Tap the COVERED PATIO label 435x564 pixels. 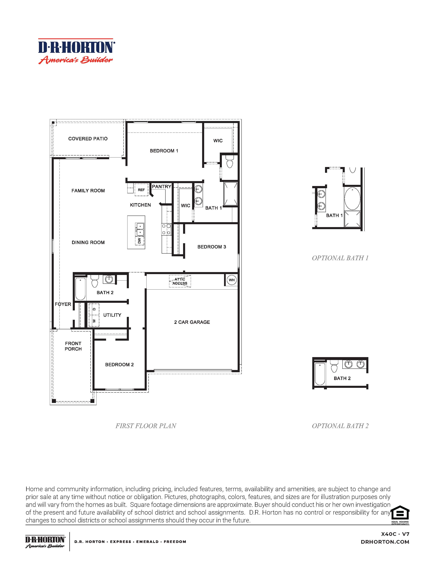(88, 139)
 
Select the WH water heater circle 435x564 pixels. (232, 280)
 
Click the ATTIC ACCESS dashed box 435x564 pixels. (180, 281)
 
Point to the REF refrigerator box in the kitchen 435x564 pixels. (141, 190)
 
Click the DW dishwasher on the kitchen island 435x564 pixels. (140, 241)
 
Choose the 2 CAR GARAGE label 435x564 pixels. (192, 322)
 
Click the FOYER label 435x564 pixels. (63, 304)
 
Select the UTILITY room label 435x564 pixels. (112, 315)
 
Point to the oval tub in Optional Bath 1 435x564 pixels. (352, 199)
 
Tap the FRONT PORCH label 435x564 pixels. (73, 346)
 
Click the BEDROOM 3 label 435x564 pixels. (212, 247)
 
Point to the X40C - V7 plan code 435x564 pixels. (395, 534)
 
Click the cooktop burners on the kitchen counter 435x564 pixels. (166, 229)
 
